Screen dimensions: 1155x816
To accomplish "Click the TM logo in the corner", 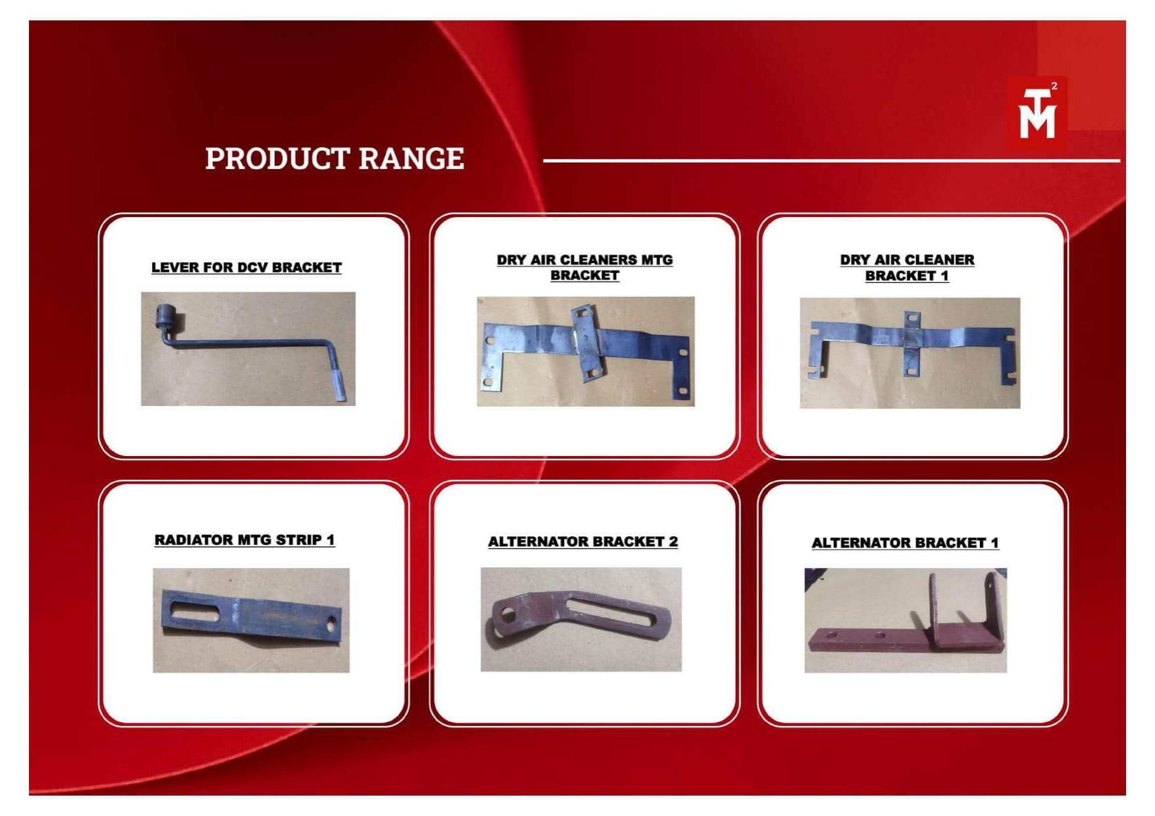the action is [x=1037, y=113].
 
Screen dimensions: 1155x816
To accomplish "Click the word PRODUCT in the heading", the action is [x=277, y=159].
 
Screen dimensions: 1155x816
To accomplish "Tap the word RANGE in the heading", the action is [x=412, y=159].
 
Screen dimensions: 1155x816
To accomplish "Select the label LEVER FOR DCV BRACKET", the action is [x=247, y=268].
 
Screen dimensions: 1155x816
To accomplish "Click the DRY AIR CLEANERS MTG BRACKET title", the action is [x=585, y=268].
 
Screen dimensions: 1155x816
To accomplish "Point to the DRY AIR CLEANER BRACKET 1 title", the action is [x=907, y=268].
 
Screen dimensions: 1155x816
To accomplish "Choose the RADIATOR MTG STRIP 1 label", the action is [x=245, y=540].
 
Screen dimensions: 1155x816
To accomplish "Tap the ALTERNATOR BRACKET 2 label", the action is [x=583, y=542].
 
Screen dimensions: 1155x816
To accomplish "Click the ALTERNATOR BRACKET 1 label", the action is [x=905, y=543].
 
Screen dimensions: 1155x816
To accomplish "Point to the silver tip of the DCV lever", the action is [x=340, y=385].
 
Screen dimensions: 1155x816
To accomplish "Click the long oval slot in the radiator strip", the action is [x=195, y=610].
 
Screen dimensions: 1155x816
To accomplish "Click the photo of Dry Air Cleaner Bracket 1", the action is [x=910, y=353].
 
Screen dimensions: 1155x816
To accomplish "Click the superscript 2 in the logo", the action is [x=1054, y=86].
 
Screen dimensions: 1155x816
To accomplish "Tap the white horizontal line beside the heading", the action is [x=831, y=160].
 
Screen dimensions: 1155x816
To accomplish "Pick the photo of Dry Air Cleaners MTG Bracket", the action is [x=586, y=351].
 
